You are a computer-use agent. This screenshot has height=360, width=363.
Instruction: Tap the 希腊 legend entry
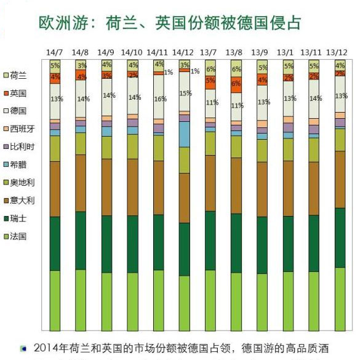(x=18, y=165)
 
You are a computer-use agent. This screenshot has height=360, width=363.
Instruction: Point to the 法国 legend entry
(x=18, y=236)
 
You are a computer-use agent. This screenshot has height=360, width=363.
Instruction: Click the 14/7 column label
(x=55, y=52)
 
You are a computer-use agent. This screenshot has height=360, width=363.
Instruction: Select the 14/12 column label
(x=183, y=52)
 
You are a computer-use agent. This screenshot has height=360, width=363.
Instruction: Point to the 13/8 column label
(x=236, y=52)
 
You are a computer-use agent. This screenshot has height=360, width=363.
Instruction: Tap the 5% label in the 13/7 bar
(x=210, y=80)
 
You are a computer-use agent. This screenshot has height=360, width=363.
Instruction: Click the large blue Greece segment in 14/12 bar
(x=184, y=134)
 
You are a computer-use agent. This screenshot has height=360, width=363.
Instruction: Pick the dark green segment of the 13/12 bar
(x=340, y=238)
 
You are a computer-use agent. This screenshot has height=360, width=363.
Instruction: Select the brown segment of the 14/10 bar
(x=132, y=187)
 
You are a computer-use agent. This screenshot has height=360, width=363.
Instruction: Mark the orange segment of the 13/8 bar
(x=236, y=85)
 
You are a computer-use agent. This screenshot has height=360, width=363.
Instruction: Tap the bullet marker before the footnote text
(x=23, y=349)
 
